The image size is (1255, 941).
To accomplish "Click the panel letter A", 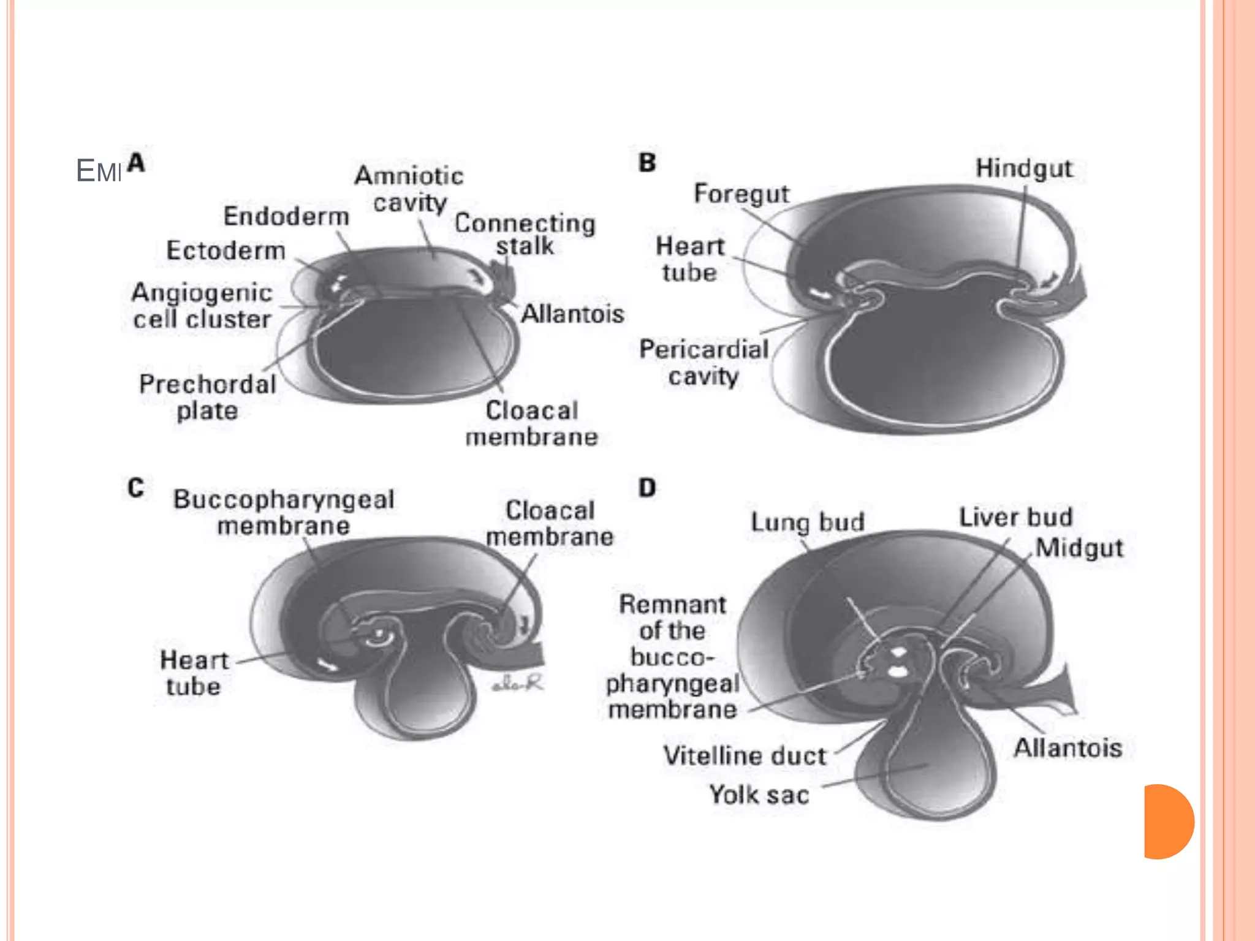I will tap(136, 163).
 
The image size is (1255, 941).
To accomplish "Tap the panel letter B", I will tap(647, 163).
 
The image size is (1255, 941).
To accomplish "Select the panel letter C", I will tap(135, 488).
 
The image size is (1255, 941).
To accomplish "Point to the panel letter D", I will tap(647, 488).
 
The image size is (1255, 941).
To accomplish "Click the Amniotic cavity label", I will tap(409, 189).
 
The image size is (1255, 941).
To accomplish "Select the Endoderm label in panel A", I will tap(286, 216).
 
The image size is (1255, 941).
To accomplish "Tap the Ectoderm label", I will tap(226, 251).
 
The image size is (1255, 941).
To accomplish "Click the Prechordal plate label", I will tap(208, 397).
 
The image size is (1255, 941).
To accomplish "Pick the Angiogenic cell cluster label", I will tap(202, 306).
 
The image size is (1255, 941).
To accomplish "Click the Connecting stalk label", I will tap(525, 234).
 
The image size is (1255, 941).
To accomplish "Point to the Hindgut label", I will tap(1024, 168).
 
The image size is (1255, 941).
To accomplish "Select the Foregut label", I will tap(741, 194).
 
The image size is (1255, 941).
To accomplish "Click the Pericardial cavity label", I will tap(703, 362).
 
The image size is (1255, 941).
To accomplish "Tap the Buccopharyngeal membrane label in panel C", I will tap(284, 512).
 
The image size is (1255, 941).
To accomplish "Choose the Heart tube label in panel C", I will tap(194, 673).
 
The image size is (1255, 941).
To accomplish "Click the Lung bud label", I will tap(808, 522).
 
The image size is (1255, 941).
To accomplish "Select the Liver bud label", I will tap(1015, 517).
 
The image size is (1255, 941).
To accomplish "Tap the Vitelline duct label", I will tap(745, 755).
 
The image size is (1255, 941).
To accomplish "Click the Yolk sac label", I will tap(759, 795).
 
